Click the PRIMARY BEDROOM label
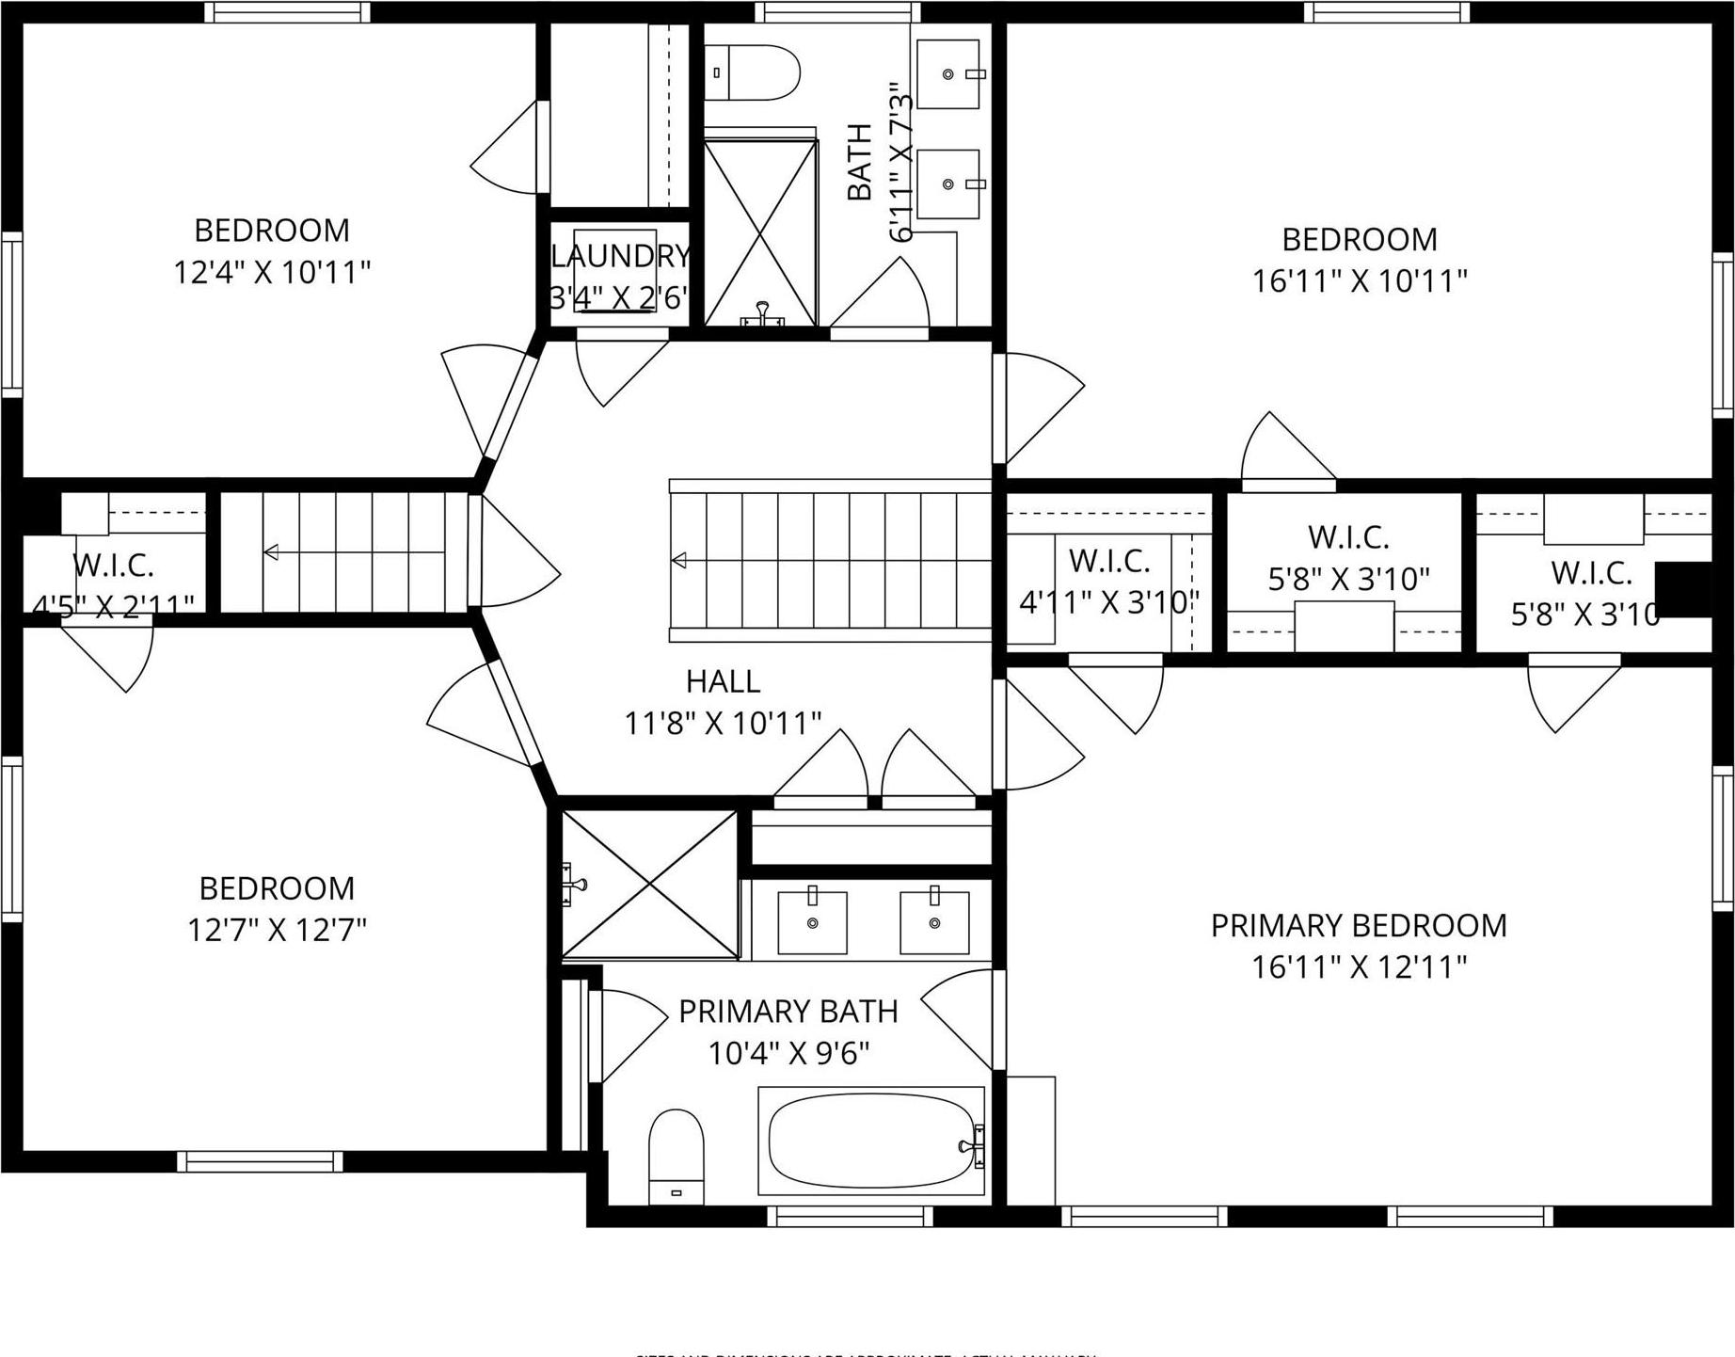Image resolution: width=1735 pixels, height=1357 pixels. pyautogui.click(x=1358, y=926)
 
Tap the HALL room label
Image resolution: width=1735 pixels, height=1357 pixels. pyautogui.click(x=723, y=681)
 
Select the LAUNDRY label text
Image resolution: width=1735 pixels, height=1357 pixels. pyautogui.click(x=620, y=256)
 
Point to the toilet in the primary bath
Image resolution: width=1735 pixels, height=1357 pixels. pyautogui.click(x=676, y=1156)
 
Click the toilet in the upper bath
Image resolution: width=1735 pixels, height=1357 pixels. pyautogui.click(x=752, y=72)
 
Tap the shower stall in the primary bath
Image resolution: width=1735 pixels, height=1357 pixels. pyautogui.click(x=650, y=885)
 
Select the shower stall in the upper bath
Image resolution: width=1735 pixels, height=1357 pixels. pyautogui.click(x=760, y=231)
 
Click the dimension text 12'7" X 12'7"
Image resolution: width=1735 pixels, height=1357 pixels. pyautogui.click(x=277, y=931)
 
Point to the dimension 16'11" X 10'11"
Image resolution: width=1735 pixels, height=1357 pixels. pyautogui.click(x=1359, y=281)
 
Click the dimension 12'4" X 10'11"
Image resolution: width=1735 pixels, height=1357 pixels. pyautogui.click(x=272, y=273)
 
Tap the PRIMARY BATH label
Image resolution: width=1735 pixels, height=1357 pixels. pyautogui.click(x=788, y=1012)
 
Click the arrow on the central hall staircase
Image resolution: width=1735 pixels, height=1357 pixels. pyautogui.click(x=678, y=561)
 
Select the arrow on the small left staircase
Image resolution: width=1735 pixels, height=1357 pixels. pyautogui.click(x=271, y=552)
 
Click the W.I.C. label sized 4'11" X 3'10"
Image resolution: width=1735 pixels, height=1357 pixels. pyautogui.click(x=1108, y=562)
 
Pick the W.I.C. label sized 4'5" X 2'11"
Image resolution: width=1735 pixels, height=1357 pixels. pyautogui.click(x=113, y=566)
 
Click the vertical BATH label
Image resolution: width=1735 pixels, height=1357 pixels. pyautogui.click(x=859, y=162)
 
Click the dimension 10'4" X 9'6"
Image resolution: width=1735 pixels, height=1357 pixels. pyautogui.click(x=788, y=1053)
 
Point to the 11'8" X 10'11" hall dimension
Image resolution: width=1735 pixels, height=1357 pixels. pyautogui.click(x=723, y=724)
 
